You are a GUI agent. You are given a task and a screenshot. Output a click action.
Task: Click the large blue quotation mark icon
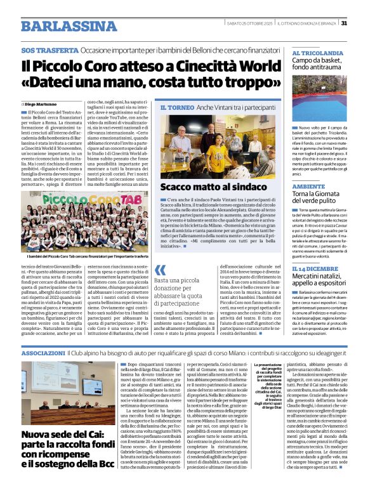pyautogui.click(x=160, y=270)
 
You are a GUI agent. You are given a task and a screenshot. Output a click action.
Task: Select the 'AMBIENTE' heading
pyautogui.click(x=309, y=187)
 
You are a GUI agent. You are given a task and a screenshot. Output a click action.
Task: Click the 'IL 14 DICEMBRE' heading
pyautogui.click(x=313, y=270)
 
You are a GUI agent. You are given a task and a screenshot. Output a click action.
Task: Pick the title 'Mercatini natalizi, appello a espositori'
pyautogui.click(x=320, y=283)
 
